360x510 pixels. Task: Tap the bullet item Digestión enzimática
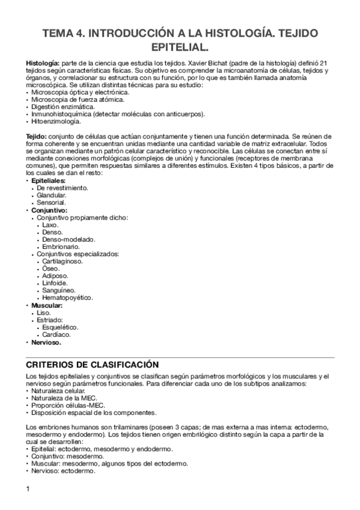click(x=61, y=106)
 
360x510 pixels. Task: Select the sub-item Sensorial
click(x=51, y=203)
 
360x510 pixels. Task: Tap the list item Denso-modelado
click(x=66, y=239)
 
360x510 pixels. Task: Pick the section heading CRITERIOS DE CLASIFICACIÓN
click(x=93, y=364)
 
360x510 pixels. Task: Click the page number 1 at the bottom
click(x=28, y=488)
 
